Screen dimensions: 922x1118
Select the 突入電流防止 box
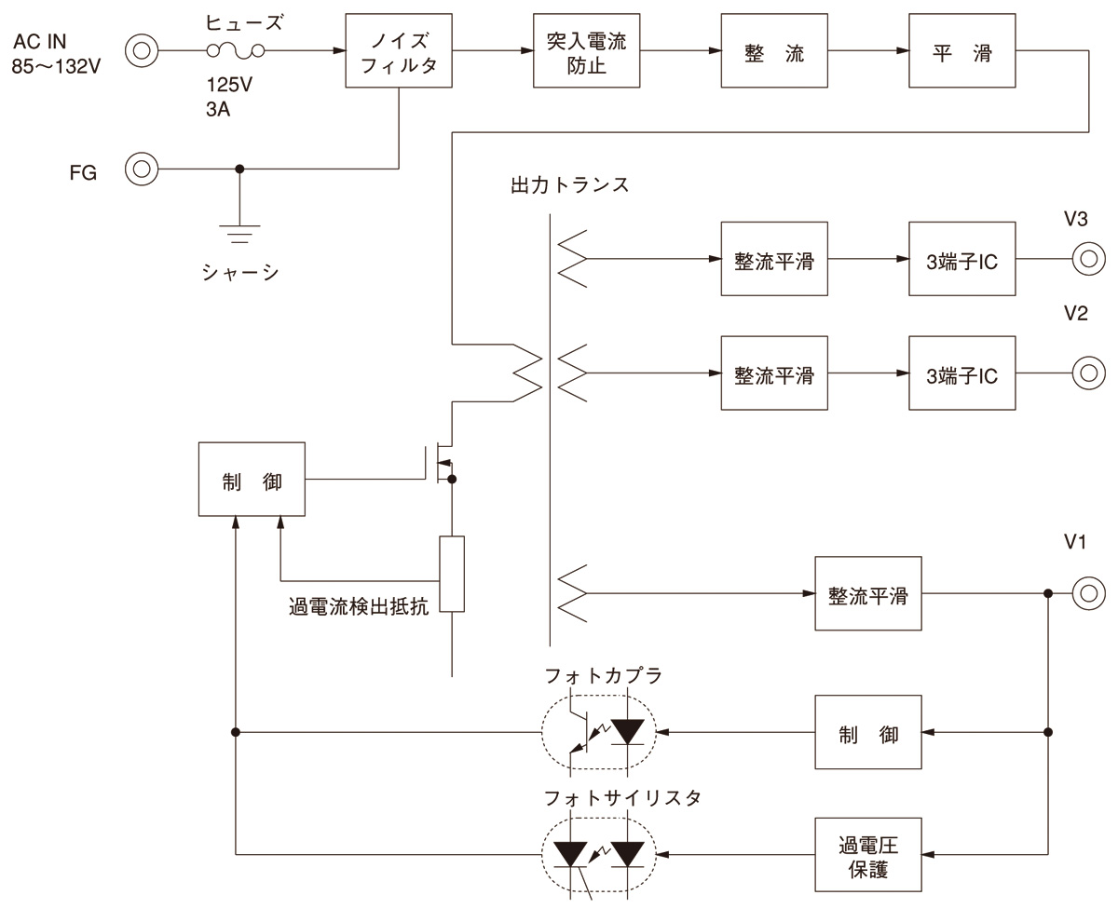coord(586,52)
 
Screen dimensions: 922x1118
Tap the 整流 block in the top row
coord(774,52)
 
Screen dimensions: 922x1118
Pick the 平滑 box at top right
coord(962,52)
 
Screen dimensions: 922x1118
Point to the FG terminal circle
coord(142,169)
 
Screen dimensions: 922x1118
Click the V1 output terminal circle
coord(1087,593)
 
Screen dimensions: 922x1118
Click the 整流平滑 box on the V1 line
coord(867,594)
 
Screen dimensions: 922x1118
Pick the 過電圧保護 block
coord(867,857)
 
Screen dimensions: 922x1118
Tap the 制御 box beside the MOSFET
coord(252,480)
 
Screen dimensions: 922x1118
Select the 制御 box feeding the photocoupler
coord(867,732)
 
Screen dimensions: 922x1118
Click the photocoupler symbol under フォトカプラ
coord(598,732)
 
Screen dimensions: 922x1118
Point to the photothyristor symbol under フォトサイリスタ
coord(598,854)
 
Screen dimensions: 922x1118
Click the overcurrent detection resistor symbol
coord(452,574)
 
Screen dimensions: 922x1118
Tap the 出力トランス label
coord(569,183)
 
